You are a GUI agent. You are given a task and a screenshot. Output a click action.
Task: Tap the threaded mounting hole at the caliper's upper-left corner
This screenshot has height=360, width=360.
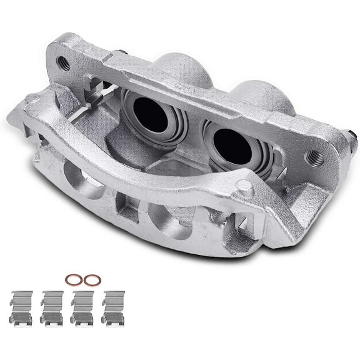point(62,62)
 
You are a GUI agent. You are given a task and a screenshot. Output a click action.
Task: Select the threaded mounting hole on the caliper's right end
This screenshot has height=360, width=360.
point(314,156)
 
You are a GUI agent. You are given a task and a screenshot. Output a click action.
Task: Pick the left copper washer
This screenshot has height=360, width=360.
point(74,279)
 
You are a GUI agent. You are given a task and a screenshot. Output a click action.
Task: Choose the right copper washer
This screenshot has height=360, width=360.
point(92,280)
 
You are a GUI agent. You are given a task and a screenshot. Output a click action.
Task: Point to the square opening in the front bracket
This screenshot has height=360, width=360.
point(127,207)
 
